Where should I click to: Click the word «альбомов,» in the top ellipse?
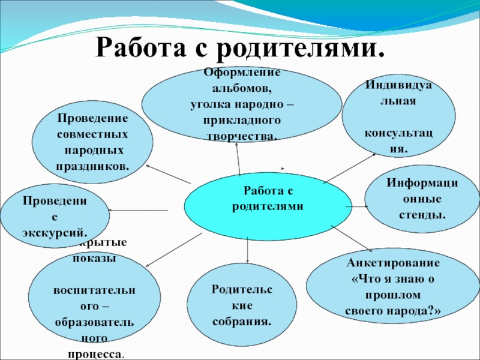pyautogui.click(x=242, y=92)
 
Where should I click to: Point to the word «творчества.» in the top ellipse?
pyautogui.click(x=242, y=136)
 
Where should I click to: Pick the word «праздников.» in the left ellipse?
pyautogui.click(x=92, y=164)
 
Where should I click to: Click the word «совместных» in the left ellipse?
pyautogui.click(x=92, y=133)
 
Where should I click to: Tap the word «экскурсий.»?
pyautogui.click(x=55, y=230)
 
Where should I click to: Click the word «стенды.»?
pyautogui.click(x=421, y=214)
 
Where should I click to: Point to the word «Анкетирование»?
pyautogui.click(x=394, y=263)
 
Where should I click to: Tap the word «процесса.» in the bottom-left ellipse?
pyautogui.click(x=96, y=354)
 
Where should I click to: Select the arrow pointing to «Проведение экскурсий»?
pyautogui.click(x=138, y=209)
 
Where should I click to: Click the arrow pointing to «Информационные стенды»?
pyautogui.click(x=358, y=206)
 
